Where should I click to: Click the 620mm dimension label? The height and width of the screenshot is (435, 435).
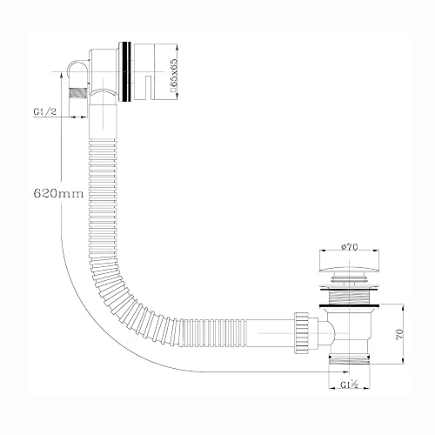(58, 193)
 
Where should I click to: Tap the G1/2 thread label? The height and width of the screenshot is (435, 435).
(45, 111)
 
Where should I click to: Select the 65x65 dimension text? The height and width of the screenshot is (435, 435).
(173, 73)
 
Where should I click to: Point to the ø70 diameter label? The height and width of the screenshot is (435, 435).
(350, 247)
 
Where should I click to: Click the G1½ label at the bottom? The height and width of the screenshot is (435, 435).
(349, 385)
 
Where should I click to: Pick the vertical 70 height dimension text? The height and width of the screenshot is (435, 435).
(399, 334)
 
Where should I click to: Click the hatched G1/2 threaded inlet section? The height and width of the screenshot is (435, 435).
(78, 93)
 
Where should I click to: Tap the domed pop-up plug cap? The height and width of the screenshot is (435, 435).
(350, 266)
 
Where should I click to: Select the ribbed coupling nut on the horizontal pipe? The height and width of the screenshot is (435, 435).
(302, 333)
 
